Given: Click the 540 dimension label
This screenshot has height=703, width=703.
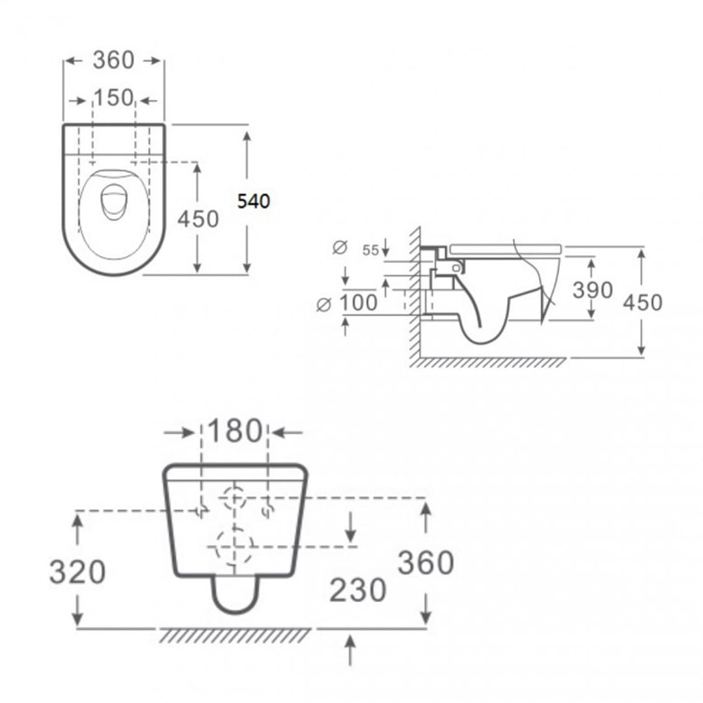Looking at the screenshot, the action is click(x=254, y=201).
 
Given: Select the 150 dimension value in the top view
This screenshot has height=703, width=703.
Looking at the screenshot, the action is click(x=113, y=98).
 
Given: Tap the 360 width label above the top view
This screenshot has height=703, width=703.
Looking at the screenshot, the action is click(x=113, y=60).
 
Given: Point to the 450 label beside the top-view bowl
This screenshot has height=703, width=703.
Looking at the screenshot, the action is click(x=198, y=219).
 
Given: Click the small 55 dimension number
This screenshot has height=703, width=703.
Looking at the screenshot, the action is click(x=371, y=250).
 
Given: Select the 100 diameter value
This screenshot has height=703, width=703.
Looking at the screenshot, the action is click(x=358, y=303).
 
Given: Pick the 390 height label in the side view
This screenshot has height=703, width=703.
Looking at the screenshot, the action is click(x=592, y=290).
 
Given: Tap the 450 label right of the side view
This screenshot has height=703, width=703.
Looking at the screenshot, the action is click(x=642, y=303).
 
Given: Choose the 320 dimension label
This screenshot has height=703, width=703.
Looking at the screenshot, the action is click(x=77, y=572).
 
